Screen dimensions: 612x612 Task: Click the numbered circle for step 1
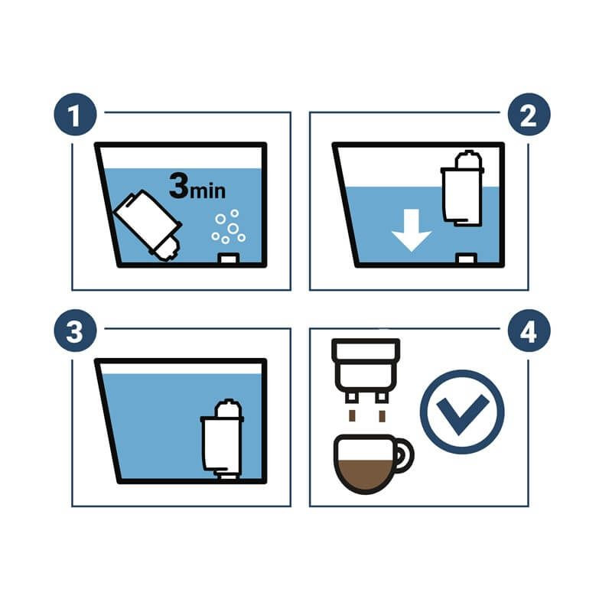tap(75, 114)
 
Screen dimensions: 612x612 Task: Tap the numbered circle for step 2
tap(529, 114)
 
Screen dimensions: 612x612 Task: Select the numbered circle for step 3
tap(75, 330)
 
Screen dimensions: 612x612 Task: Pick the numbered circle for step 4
tap(529, 330)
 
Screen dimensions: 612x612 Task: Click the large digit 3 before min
tap(179, 185)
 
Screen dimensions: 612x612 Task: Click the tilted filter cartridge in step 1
tap(148, 225)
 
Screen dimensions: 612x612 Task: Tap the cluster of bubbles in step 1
tap(229, 226)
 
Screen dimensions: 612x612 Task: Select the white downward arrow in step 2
tap(412, 230)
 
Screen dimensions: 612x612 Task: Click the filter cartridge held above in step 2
tap(463, 188)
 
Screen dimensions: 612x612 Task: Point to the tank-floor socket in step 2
tap(466, 258)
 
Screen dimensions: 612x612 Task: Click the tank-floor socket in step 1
tap(228, 259)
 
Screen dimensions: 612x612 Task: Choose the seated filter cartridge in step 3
tap(222, 438)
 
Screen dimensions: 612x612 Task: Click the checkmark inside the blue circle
tap(462, 413)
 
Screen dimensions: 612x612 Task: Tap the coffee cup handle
tap(404, 454)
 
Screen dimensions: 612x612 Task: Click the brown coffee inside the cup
tap(366, 474)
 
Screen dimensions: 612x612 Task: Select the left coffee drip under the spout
tap(352, 416)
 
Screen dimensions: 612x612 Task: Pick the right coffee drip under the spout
tap(382, 416)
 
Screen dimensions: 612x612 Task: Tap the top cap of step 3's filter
tap(229, 409)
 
